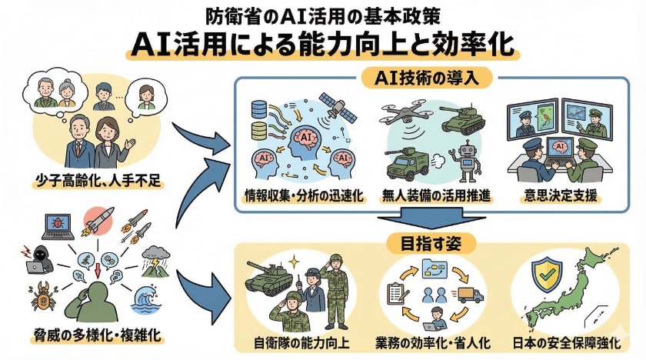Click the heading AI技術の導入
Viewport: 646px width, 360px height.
[x=428, y=77]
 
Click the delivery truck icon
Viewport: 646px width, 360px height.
[x=470, y=295]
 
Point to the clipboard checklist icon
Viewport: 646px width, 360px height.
[x=398, y=293]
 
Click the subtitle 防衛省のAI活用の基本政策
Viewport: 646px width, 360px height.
[x=323, y=14]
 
